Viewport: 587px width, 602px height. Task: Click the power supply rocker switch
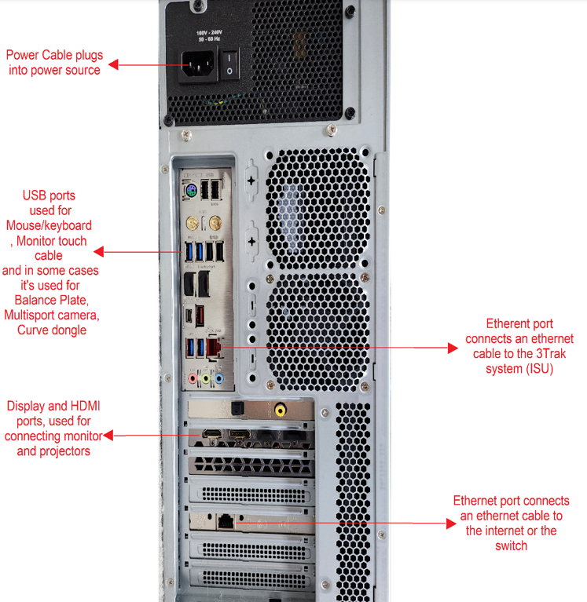[230, 64]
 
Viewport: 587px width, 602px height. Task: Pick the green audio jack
[206, 378]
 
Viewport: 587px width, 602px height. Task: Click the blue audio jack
[220, 378]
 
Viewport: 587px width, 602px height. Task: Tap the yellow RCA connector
[281, 410]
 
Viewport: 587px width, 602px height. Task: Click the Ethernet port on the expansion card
[227, 519]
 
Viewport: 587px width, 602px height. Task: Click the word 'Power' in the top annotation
[23, 55]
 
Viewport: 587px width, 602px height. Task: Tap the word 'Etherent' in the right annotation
[509, 323]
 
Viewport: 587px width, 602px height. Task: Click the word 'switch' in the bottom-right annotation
[511, 545]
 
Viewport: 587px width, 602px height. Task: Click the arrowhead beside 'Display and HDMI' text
[108, 435]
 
